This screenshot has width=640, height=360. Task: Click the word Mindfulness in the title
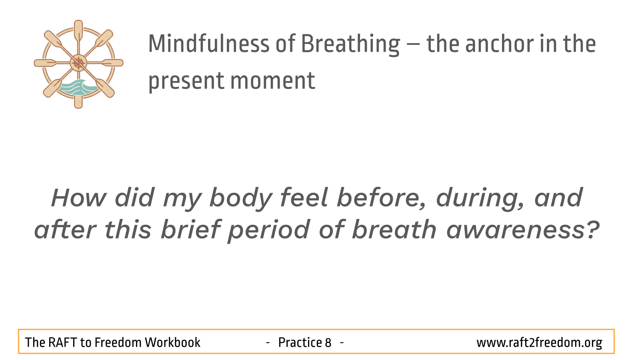click(208, 44)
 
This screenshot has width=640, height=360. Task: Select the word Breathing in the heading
click(350, 45)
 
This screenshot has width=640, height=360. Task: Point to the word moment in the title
click(272, 81)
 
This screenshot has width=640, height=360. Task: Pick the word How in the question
click(78, 198)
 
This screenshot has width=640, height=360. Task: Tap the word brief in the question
click(191, 229)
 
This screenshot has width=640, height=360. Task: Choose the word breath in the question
click(394, 229)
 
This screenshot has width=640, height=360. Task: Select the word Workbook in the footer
click(172, 342)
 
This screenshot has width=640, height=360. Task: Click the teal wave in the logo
click(78, 88)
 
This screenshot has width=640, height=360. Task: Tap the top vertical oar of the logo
click(78, 32)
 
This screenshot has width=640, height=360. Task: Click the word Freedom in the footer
click(118, 342)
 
